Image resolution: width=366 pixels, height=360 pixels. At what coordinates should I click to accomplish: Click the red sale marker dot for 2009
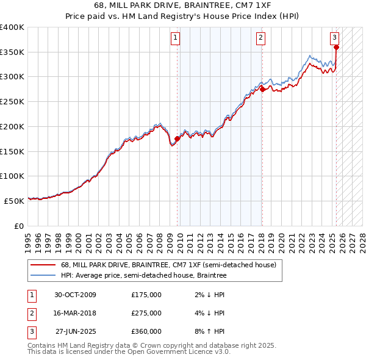pyautogui.click(x=178, y=139)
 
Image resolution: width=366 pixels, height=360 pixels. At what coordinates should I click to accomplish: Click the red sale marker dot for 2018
pyautogui.click(x=262, y=89)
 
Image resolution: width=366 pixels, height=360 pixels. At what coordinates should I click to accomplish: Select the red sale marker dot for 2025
pyautogui.click(x=336, y=47)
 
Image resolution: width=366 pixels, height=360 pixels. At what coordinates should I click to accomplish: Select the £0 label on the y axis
pyautogui.click(x=19, y=226)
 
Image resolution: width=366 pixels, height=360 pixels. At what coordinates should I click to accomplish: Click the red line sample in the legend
pyautogui.click(x=43, y=265)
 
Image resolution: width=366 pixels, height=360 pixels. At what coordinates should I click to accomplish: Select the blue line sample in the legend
pyautogui.click(x=43, y=276)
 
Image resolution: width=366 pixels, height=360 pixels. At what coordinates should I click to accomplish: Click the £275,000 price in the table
pyautogui.click(x=146, y=313)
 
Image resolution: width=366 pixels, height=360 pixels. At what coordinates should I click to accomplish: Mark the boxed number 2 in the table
pyautogui.click(x=30, y=313)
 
